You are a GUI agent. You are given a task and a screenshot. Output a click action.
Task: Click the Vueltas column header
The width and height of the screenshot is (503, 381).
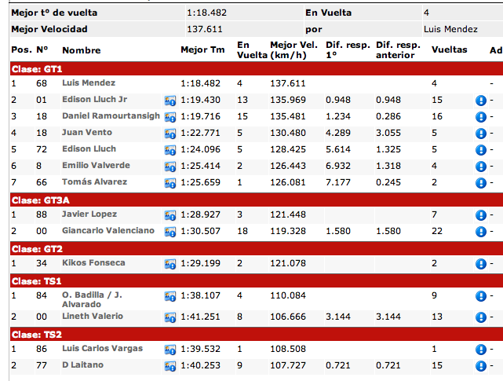click(449, 49)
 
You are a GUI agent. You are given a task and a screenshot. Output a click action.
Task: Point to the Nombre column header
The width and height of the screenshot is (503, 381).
click(82, 50)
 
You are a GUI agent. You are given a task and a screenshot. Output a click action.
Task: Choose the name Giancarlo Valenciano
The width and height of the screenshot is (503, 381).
click(108, 231)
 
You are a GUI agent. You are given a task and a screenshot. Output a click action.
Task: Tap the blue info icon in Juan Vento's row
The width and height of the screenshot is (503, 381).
click(481, 134)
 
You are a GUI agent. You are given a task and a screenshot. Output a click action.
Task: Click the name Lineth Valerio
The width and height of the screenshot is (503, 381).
click(93, 317)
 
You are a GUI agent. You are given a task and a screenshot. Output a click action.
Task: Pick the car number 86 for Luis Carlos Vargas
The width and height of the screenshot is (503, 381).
click(42, 347)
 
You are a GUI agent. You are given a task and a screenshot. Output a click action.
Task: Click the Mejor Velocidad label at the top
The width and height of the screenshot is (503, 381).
click(49, 29)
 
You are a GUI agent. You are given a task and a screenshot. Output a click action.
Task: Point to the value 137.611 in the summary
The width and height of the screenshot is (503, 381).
click(205, 29)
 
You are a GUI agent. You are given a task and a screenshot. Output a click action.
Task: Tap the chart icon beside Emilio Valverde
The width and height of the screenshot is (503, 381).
click(169, 167)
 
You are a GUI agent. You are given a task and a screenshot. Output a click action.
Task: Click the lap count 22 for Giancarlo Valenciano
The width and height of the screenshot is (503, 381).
click(437, 231)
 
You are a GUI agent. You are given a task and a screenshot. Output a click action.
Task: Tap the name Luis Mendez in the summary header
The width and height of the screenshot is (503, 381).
click(450, 29)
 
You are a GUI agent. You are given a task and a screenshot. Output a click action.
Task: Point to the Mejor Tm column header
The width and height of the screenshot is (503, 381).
click(202, 49)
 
